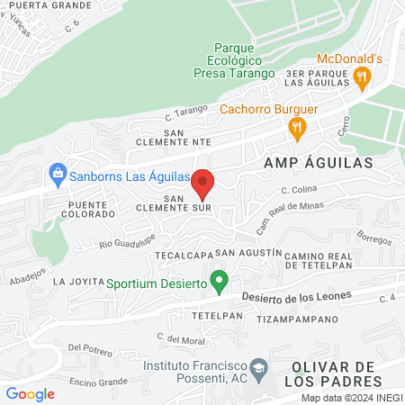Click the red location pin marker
tap(204, 184)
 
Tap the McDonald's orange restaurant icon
tap(362, 77)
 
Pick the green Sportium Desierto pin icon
tap(218, 283)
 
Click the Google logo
tap(31, 393)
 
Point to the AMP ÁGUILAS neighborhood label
tap(306, 163)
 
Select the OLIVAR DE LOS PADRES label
tap(332, 375)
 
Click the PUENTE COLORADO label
tap(87, 210)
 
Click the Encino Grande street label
tap(98, 382)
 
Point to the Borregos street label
tap(374, 240)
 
